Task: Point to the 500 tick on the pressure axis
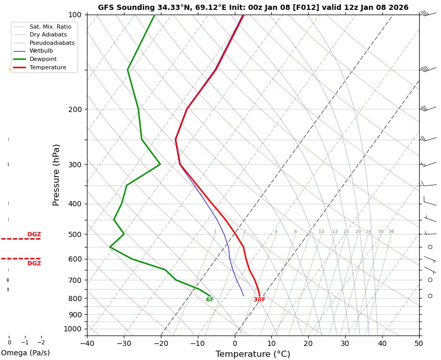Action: tap(74, 234)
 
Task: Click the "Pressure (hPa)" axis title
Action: tap(57, 175)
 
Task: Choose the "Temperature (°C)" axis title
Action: tap(253, 354)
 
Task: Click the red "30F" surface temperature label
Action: tap(259, 300)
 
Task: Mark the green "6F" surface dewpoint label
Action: tap(210, 300)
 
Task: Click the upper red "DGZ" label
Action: tap(34, 234)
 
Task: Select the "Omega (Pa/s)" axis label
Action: tap(25, 353)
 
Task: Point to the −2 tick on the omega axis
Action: tap(41, 342)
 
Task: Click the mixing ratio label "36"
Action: tap(391, 232)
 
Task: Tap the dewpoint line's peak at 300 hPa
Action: tap(160, 164)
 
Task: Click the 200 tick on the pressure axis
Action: tap(74, 109)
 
